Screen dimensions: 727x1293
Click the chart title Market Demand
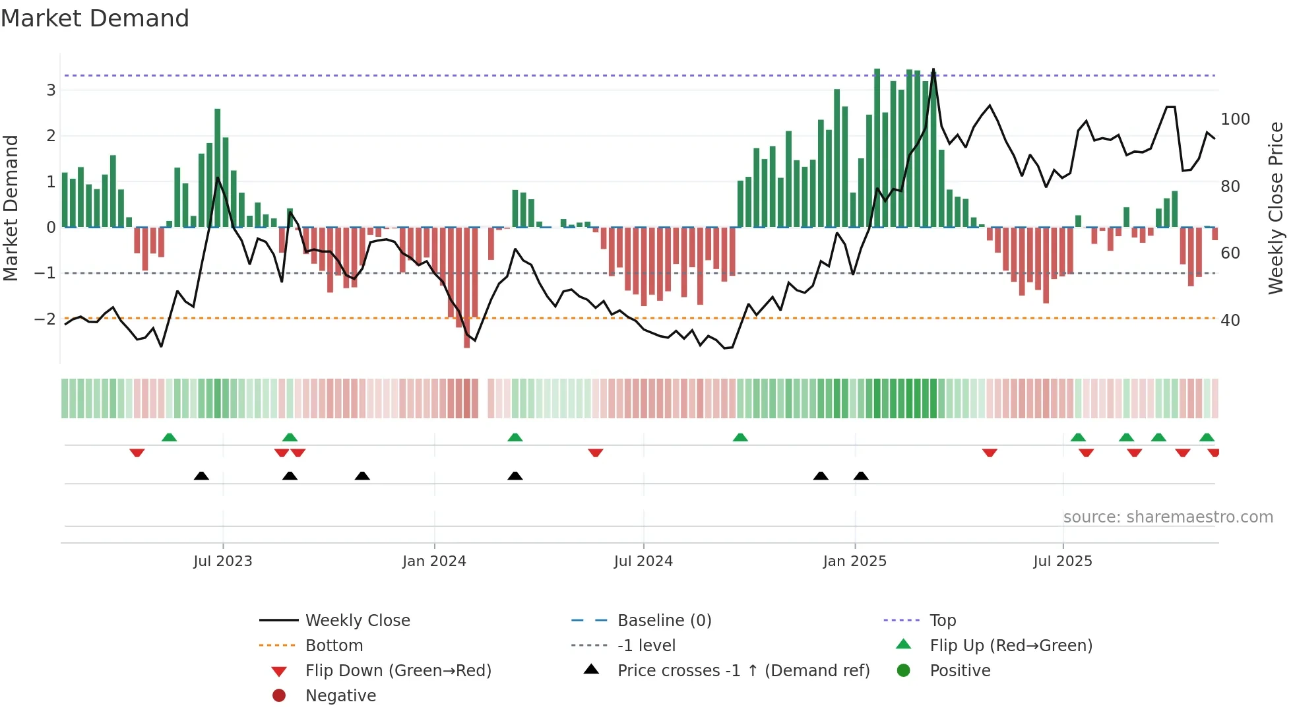95,18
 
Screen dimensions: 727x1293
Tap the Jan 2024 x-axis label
434,561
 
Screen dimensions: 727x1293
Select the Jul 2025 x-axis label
1063,561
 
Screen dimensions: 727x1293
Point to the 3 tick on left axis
51,90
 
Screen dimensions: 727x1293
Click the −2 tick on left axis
46,319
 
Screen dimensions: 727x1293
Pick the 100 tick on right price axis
1235,119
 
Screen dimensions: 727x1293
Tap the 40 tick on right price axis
1230,321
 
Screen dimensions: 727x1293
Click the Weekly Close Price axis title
1276,208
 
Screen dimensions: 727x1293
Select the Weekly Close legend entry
357,621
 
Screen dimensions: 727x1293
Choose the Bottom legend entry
334,646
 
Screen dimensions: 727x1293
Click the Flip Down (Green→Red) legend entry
398,671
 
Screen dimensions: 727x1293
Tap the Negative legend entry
340,696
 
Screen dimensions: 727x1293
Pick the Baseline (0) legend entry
664,621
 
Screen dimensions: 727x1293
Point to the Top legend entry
943,621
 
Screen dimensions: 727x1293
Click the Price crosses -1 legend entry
743,671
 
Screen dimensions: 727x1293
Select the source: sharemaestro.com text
1168,517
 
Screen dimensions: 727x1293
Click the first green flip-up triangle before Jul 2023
169,437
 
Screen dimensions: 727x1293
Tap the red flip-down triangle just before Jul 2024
595,453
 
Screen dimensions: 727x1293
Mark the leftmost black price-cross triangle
201,476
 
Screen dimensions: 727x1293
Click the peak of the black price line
933,69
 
